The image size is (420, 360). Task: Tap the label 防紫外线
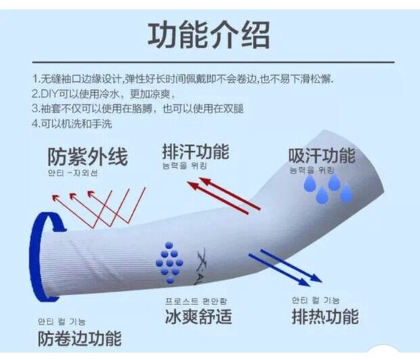pyautogui.click(x=87, y=157)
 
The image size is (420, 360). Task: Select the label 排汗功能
pyautogui.click(x=195, y=150)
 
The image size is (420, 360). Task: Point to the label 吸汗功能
pyautogui.click(x=321, y=155)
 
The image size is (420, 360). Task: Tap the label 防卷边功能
pyautogui.click(x=79, y=337)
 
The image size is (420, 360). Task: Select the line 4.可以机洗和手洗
pyautogui.click(x=71, y=124)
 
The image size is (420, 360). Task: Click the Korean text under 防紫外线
pyautogui.click(x=72, y=173)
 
